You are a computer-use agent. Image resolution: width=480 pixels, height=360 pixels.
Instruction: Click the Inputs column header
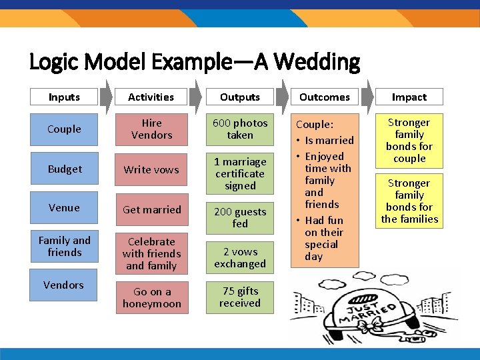click(x=64, y=97)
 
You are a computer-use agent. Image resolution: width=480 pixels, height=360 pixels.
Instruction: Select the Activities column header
click(x=151, y=97)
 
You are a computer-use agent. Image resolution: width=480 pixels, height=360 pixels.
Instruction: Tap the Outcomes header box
click(x=325, y=97)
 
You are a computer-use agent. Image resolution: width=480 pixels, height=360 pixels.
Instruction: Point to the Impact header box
click(x=409, y=97)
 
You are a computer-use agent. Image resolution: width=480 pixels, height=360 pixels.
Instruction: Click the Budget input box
click(x=65, y=169)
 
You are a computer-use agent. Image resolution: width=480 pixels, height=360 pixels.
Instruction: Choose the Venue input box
click(x=64, y=208)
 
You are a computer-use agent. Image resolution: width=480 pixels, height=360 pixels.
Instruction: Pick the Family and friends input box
click(x=64, y=247)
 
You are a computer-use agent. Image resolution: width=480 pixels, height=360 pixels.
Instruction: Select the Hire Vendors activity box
click(x=151, y=129)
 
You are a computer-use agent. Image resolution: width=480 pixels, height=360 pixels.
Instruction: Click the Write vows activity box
click(x=151, y=169)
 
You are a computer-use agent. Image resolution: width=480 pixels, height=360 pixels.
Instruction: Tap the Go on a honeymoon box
click(x=151, y=298)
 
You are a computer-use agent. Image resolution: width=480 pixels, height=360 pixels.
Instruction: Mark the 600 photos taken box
click(x=240, y=129)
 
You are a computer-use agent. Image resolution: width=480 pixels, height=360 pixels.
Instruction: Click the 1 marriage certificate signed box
click(x=240, y=173)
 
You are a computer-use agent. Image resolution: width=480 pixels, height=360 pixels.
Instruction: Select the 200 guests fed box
click(x=240, y=218)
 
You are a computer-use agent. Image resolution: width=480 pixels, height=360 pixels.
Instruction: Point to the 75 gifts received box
click(x=240, y=297)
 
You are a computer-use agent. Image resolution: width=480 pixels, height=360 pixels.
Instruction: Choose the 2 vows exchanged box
click(x=240, y=258)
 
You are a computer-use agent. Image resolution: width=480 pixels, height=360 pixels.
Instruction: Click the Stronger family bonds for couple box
click(x=409, y=141)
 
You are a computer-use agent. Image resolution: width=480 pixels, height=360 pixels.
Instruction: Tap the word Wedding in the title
click(x=317, y=63)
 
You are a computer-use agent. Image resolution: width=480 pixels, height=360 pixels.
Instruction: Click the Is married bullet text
click(x=329, y=141)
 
